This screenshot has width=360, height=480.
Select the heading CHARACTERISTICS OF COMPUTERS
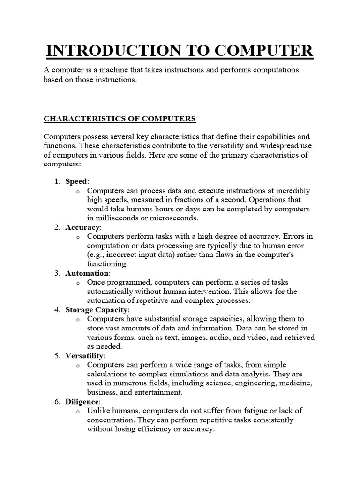(120, 119)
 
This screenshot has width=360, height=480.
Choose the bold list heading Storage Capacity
(96, 310)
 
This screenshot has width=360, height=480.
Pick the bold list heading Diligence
(82, 402)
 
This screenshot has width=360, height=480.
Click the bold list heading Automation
(87, 273)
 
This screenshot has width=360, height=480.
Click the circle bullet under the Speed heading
(77, 191)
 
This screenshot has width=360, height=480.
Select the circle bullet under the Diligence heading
(77, 412)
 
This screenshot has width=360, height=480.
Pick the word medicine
(296, 383)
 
